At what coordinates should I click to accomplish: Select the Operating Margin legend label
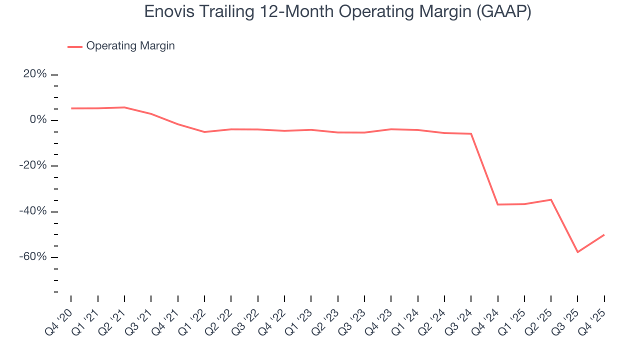tap(130, 46)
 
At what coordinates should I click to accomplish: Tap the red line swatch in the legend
tap(75, 46)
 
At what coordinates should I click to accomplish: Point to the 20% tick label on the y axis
tap(34, 74)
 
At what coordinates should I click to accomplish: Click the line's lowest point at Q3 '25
tap(577, 252)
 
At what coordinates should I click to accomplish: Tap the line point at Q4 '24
tap(497, 204)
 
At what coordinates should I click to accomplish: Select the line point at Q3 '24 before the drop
tap(471, 133)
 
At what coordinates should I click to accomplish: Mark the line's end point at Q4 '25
tap(604, 234)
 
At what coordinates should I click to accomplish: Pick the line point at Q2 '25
tap(551, 199)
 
